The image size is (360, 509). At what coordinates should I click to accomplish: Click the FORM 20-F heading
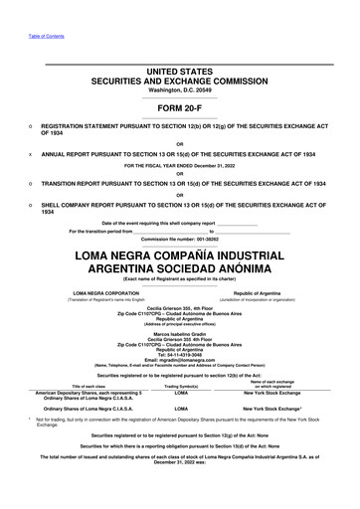[x=180, y=107]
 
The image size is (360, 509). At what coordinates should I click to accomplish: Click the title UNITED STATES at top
[x=180, y=72]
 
